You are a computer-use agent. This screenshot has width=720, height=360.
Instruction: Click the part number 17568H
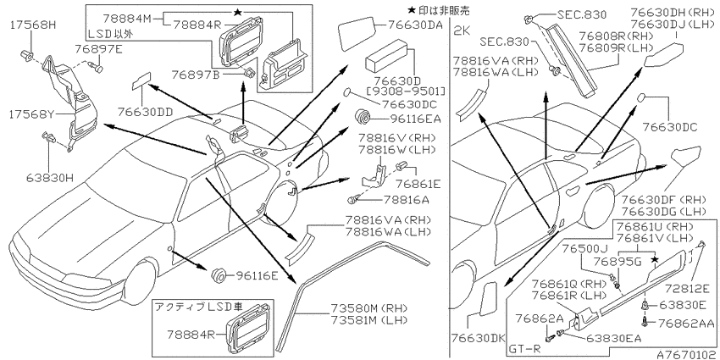pos(32,25)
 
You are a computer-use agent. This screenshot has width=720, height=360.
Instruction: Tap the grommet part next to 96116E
pos(219,275)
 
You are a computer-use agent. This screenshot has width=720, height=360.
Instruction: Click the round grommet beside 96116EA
pos(363,118)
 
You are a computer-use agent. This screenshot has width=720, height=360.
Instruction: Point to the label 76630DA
pos(415,25)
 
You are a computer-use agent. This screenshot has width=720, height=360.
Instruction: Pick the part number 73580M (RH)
pos(369,307)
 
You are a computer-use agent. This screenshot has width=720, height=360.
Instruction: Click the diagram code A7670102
pos(686,355)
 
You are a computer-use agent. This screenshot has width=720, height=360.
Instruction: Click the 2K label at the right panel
pos(461,30)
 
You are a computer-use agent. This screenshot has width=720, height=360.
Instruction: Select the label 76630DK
pos(477,339)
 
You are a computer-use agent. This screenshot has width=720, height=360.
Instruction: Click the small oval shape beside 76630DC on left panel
pos(347,92)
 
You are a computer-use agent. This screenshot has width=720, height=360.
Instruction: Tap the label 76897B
pos(195,74)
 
